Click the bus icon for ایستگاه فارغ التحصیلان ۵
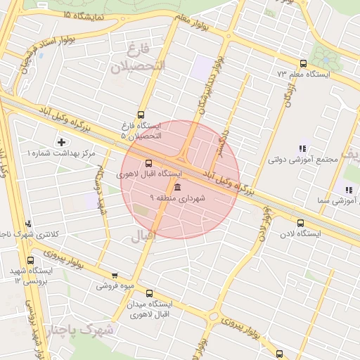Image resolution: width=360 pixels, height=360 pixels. pyautogui.click(x=141, y=115)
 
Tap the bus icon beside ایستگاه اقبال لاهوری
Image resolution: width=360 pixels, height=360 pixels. pyautogui.click(x=148, y=163)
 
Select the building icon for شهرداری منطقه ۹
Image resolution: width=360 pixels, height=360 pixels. pyautogui.click(x=176, y=188)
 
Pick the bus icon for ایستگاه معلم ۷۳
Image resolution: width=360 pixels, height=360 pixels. pyautogui.click(x=303, y=63)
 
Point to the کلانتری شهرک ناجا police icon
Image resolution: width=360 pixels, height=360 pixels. pyautogui.click(x=30, y=224)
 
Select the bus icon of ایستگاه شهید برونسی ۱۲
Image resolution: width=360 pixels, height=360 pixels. pyautogui.click(x=30, y=260)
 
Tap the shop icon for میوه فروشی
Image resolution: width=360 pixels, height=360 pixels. pyautogui.click(x=115, y=276)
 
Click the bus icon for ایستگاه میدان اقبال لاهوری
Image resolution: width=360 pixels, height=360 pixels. pyautogui.click(x=149, y=293)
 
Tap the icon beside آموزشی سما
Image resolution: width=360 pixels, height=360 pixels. pyautogui.click(x=347, y=189)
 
